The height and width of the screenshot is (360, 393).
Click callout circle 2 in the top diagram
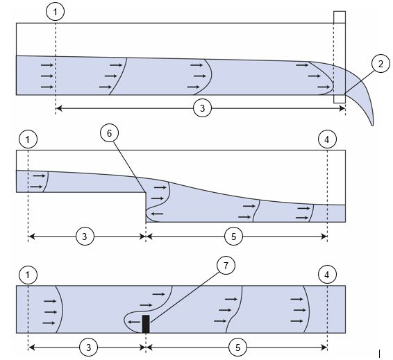tap(381, 64)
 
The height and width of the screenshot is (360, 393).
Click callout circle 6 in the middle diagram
tap(109, 133)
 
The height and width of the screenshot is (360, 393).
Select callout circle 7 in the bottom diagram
tap(226, 266)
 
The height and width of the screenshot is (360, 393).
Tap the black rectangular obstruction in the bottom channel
tap(146, 324)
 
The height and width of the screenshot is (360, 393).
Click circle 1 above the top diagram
tap(56, 12)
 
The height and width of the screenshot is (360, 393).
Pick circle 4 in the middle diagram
tap(327, 139)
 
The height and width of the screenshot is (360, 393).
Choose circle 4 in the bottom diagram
tap(327, 275)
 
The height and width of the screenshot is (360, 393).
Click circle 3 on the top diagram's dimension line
tap(202, 108)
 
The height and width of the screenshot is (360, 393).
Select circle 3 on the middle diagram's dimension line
tap(85, 237)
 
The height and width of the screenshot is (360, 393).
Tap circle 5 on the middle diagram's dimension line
tap(233, 237)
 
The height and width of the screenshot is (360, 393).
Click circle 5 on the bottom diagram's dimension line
tap(237, 348)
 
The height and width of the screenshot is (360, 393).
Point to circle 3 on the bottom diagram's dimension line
tap(88, 348)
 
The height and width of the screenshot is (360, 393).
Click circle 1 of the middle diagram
tap(28, 139)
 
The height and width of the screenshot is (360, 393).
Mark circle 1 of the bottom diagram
tap(28, 275)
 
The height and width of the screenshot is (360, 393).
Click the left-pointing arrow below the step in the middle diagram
tap(158, 214)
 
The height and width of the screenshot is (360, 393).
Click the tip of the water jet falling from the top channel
tap(373, 125)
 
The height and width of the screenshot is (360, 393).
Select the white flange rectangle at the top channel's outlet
tap(340, 57)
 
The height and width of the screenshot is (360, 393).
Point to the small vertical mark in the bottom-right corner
tap(380, 354)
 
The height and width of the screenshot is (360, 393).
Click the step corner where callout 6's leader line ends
tap(146, 192)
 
